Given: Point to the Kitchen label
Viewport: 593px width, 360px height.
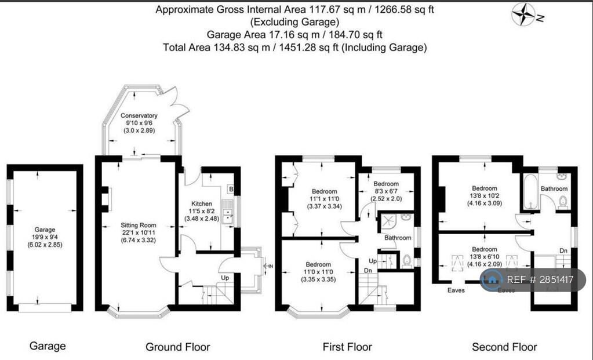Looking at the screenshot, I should pyautogui.click(x=201, y=203).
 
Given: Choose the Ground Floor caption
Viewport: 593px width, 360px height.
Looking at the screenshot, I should pyautogui.click(x=177, y=347).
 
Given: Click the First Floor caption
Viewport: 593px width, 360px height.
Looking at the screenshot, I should pyautogui.click(x=347, y=347).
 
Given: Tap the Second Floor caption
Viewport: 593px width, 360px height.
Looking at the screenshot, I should pyautogui.click(x=504, y=347).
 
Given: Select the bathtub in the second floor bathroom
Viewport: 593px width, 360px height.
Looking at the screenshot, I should pyautogui.click(x=530, y=193).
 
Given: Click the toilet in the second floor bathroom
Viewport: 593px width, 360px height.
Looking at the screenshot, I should pyautogui.click(x=562, y=202).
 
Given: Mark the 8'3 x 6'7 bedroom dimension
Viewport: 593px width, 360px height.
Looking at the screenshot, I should pyautogui.click(x=387, y=191).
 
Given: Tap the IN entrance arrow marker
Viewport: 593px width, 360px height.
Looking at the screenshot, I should pyautogui.click(x=267, y=266).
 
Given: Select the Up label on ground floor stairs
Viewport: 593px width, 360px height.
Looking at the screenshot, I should pyautogui.click(x=225, y=278).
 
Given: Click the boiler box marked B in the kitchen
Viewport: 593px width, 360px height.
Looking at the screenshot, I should pyautogui.click(x=230, y=190).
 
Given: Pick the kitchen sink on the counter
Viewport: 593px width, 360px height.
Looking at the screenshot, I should pyautogui.click(x=230, y=217).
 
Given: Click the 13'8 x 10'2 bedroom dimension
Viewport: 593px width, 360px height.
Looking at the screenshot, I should pyautogui.click(x=484, y=196).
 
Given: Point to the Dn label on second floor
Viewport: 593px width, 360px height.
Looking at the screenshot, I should pyautogui.click(x=563, y=250).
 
